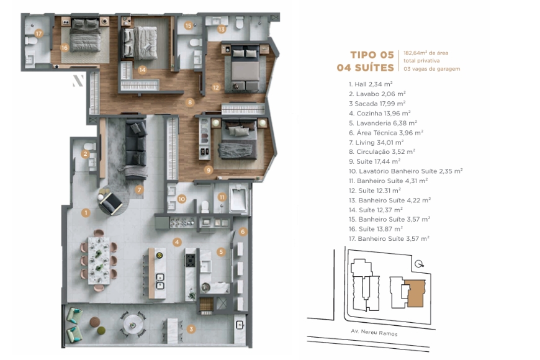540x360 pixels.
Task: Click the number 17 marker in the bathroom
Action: point(38,33)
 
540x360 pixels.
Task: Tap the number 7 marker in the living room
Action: point(140,189)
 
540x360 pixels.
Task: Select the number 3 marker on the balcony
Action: point(191,329)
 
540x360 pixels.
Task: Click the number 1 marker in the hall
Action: point(86,212)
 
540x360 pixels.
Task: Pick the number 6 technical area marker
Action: point(243,232)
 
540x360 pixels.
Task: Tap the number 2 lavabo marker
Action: point(86,154)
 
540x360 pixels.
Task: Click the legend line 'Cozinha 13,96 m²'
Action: point(379,113)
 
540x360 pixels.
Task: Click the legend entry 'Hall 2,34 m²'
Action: point(371,84)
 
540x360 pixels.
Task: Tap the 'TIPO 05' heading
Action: point(372,54)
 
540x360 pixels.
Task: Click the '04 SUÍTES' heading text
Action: point(365,67)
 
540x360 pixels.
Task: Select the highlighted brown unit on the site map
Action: point(413,294)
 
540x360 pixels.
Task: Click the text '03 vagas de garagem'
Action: point(431,69)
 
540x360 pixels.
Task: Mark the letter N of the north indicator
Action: point(78,80)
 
